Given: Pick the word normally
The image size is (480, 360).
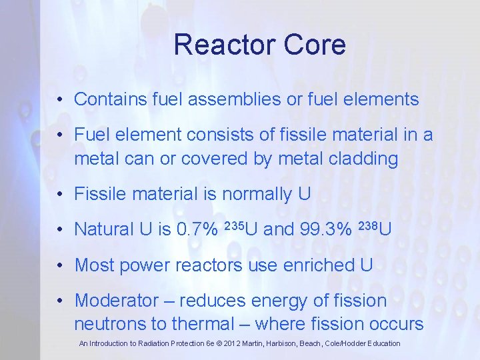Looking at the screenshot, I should click(257, 195).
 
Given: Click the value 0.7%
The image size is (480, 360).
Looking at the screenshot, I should click(197, 229).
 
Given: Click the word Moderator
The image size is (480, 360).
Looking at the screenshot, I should click(113, 301).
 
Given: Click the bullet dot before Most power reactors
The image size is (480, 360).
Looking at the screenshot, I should click(60, 265).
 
